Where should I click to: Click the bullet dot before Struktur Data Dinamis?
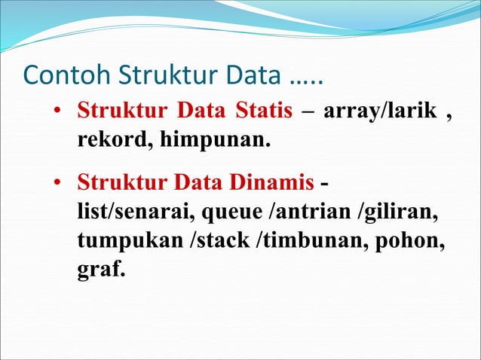point(57,184)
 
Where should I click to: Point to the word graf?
point(100,269)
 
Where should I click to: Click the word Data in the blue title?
point(247,77)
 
